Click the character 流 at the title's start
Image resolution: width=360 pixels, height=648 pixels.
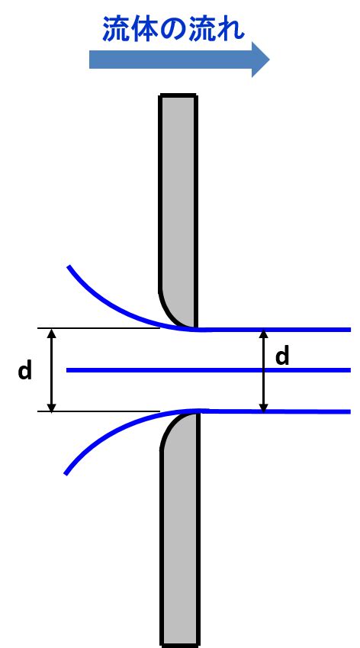[116, 29]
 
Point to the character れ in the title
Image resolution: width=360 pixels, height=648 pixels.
[231, 29]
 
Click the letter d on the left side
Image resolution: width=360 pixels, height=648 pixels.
[24, 371]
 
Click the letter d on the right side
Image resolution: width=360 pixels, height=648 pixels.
[282, 356]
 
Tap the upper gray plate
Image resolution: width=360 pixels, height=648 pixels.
[178, 211]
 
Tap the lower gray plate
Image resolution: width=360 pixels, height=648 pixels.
[180, 528]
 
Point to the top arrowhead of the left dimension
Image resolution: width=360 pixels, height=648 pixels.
[51, 333]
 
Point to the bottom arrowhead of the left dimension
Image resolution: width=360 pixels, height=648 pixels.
[51, 407]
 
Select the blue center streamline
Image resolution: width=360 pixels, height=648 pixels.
[208, 370]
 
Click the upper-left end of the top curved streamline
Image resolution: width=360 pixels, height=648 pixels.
[69, 266]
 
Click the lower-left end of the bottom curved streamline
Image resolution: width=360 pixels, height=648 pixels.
[66, 472]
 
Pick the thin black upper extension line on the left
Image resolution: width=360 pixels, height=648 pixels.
[98, 328]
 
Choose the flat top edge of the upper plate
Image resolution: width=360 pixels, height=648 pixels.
[178, 95]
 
